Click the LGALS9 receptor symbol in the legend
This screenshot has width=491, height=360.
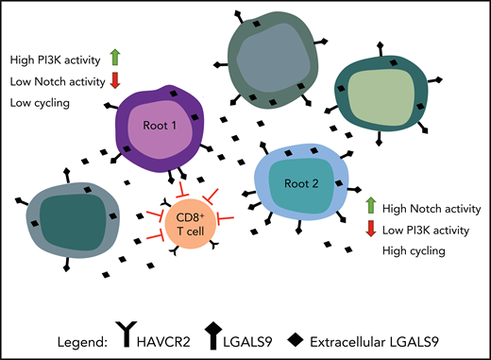pos(212,332)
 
